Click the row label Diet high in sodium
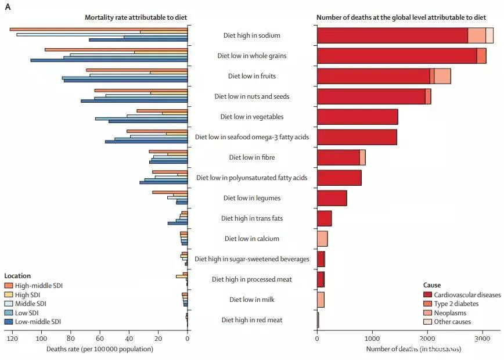tap(251, 35)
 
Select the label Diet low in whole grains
tap(251, 56)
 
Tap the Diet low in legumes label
tap(251, 198)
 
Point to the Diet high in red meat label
tap(251, 319)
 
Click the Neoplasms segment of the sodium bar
tap(476, 35)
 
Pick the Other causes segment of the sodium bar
tap(489, 35)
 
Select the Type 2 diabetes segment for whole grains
tap(481, 56)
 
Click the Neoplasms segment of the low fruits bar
tap(442, 76)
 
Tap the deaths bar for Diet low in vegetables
tap(357, 117)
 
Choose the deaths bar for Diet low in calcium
tap(322, 239)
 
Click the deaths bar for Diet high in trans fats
tap(324, 218)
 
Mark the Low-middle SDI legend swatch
tap(8, 322)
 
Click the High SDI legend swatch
tap(8, 294)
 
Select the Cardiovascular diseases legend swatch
tap(428, 295)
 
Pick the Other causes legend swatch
tap(428, 322)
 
